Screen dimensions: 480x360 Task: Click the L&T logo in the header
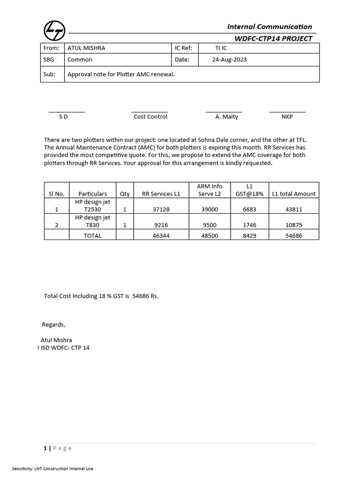pyautogui.click(x=55, y=31)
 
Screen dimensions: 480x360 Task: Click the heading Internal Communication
pyautogui.click(x=270, y=27)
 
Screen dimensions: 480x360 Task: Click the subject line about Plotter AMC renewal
pyautogui.click(x=121, y=74)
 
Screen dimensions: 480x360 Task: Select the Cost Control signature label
pyautogui.click(x=150, y=117)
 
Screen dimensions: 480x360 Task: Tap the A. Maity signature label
pyautogui.click(x=226, y=117)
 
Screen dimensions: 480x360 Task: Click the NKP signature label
pyautogui.click(x=287, y=117)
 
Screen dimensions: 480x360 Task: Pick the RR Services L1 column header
pyautogui.click(x=161, y=194)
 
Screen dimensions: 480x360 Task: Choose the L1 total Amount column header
pyautogui.click(x=294, y=194)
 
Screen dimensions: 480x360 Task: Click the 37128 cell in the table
pyautogui.click(x=161, y=210)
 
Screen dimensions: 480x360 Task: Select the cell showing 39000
pyautogui.click(x=210, y=210)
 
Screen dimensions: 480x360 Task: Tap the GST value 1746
pyautogui.click(x=249, y=225)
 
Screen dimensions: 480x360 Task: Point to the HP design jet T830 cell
pyautogui.click(x=93, y=221)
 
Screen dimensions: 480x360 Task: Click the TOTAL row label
pyautogui.click(x=92, y=236)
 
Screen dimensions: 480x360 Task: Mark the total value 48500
pyautogui.click(x=210, y=236)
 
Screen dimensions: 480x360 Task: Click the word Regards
pyautogui.click(x=53, y=324)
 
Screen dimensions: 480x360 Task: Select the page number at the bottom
pyautogui.click(x=45, y=448)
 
